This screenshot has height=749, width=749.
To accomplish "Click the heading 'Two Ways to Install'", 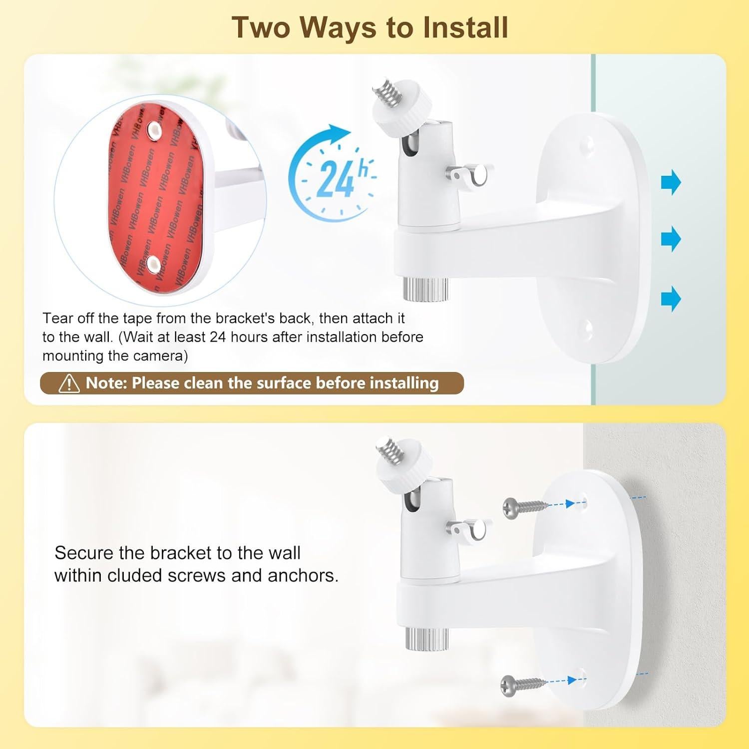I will point(370,27).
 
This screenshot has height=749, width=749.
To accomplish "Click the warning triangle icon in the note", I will point(69,383).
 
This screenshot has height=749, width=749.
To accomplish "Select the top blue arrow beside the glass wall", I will point(671,182).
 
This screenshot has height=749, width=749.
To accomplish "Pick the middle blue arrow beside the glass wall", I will point(671,239).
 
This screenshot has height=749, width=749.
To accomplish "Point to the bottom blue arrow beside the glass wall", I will point(671,299).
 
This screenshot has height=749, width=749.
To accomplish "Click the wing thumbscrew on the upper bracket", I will point(469,176).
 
